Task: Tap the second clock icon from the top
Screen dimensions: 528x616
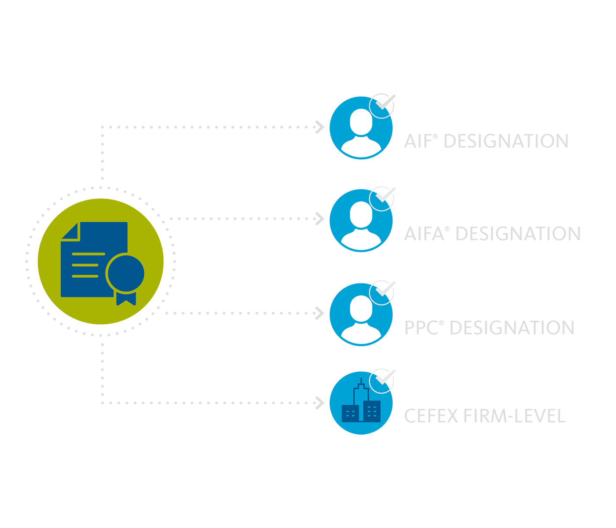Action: coord(380,201)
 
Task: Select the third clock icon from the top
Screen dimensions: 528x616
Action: coord(380,294)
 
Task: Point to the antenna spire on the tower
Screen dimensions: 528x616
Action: coord(361,381)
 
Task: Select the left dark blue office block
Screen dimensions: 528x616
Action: coord(350,413)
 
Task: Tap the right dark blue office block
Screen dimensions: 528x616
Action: coord(372,411)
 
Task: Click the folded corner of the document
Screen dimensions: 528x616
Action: coord(70,231)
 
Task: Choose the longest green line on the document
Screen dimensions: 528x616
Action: coord(88,254)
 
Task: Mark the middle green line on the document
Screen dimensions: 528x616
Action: coord(85,265)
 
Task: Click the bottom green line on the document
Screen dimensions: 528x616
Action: coord(85,276)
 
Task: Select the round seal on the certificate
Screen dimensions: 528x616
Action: coord(125,273)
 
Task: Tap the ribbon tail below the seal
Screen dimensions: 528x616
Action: coord(126,299)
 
